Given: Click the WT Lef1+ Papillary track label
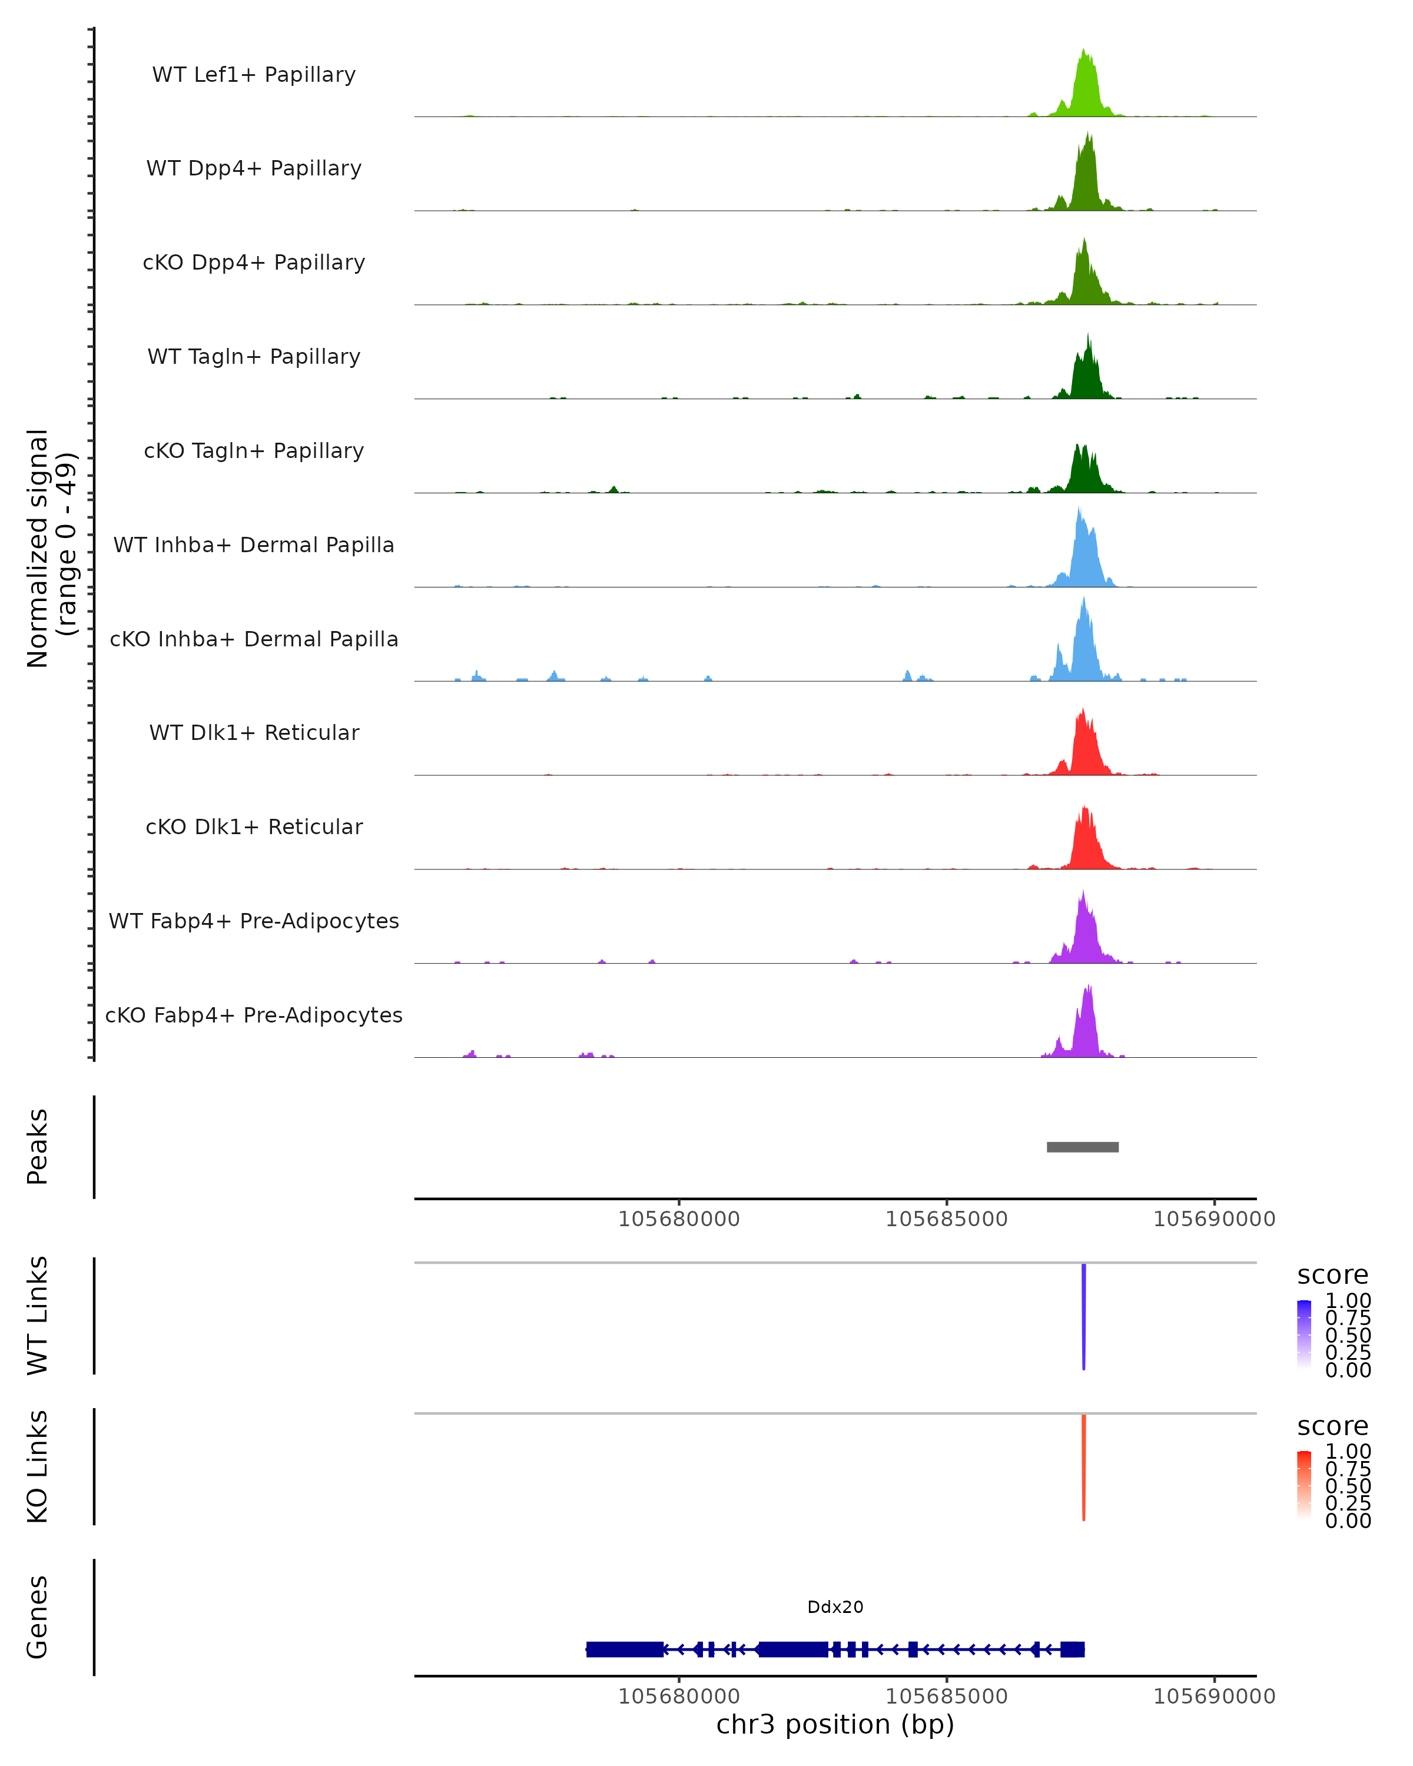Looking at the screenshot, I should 254,75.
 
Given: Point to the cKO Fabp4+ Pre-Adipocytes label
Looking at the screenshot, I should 254,1015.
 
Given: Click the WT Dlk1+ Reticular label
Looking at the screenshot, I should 254,733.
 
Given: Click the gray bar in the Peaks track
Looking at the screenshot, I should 1082,1147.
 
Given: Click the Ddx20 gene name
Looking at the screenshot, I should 835,1607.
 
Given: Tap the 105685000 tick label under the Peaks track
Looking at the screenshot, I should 946,1220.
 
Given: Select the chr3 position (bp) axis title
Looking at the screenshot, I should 835,1725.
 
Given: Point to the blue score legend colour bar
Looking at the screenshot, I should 1304,1335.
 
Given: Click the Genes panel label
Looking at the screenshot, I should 38,1618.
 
